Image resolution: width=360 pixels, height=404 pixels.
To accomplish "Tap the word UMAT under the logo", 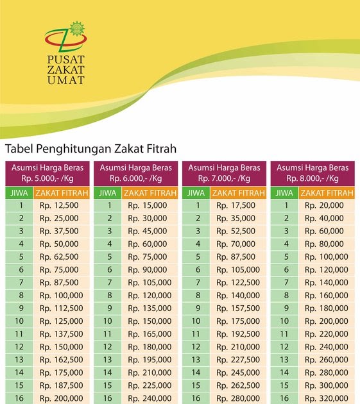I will (65, 80).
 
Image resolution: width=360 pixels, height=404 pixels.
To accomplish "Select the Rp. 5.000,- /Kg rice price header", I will (47, 179).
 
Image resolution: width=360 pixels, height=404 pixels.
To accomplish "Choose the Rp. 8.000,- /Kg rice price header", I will (313, 179).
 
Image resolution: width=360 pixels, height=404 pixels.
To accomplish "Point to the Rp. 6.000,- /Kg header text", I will (135, 179).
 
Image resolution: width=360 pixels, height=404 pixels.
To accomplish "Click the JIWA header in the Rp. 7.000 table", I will (196, 193).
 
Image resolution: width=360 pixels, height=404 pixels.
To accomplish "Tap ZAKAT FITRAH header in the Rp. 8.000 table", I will (327, 193).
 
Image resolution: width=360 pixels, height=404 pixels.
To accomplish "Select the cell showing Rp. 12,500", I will (59, 206).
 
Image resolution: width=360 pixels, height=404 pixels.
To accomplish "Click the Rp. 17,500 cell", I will (236, 206).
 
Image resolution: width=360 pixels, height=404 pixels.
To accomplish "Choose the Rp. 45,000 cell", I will (147, 231).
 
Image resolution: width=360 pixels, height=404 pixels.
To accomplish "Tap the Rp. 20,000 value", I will (324, 206).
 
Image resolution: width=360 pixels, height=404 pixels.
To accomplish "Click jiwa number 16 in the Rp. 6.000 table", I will (108, 398).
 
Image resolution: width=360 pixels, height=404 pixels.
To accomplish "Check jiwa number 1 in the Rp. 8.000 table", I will (285, 206).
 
